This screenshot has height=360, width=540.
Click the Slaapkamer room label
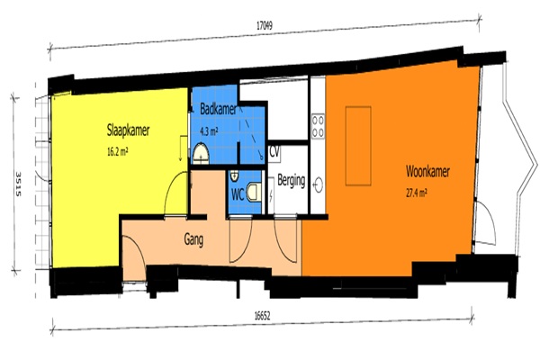(x=128, y=130)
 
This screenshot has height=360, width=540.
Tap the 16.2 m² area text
(x=117, y=151)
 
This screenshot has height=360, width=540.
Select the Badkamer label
(x=218, y=109)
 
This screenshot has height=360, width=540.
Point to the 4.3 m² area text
(x=209, y=131)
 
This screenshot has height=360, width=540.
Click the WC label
(x=238, y=195)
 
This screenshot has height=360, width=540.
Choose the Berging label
(x=292, y=181)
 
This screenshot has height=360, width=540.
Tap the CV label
(x=274, y=151)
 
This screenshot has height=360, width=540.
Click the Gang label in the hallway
(x=193, y=239)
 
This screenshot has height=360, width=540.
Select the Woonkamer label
(x=427, y=171)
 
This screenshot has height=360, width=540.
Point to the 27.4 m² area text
(x=417, y=193)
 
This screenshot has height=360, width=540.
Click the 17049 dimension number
(x=265, y=25)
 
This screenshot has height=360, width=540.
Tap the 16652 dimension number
(x=262, y=316)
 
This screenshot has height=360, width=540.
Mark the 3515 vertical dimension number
(x=18, y=184)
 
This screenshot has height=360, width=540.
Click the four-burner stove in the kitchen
(x=318, y=126)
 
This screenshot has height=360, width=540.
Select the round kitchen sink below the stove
(x=319, y=184)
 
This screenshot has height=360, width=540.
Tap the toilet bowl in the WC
(x=254, y=193)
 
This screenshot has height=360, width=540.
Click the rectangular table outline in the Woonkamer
(x=358, y=146)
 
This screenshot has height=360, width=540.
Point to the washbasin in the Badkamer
(x=201, y=154)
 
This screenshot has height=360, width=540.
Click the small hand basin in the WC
(x=234, y=176)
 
